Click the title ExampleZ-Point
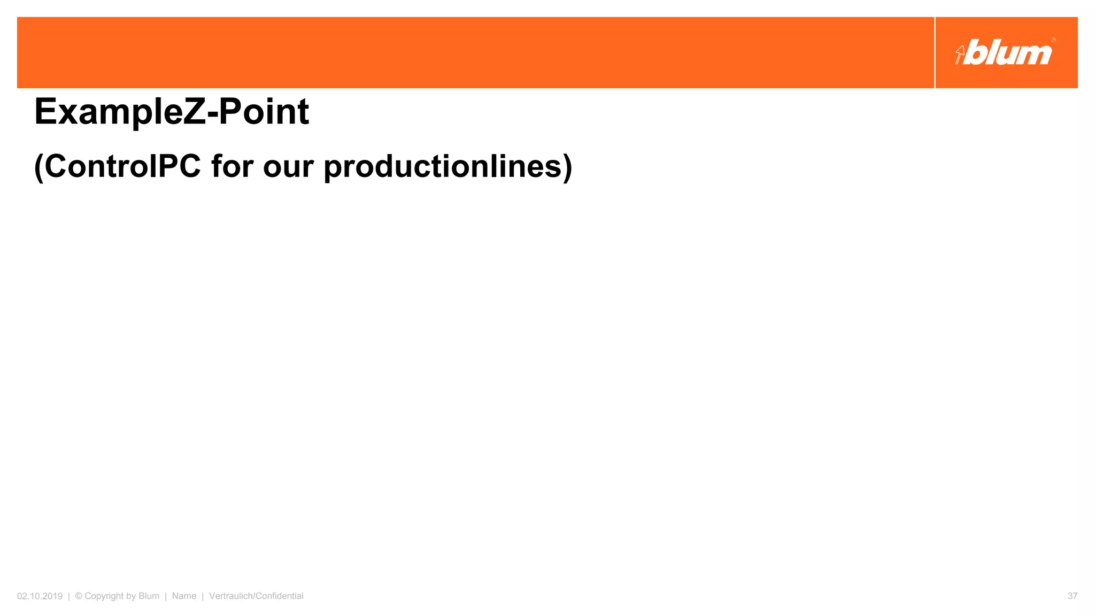point(171,112)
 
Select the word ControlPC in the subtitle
point(122,166)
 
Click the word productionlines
point(443,166)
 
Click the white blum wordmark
point(1008,53)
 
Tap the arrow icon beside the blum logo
point(960,55)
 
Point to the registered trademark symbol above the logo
point(1053,40)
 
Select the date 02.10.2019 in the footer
point(40,596)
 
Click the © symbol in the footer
point(79,596)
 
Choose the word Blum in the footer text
point(149,596)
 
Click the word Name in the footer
point(184,596)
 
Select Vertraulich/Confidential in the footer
point(256,596)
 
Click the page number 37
point(1072,596)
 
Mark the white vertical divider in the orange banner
point(935,52)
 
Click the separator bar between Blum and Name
point(166,596)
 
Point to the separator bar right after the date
point(69,596)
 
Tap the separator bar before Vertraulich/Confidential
point(203,596)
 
